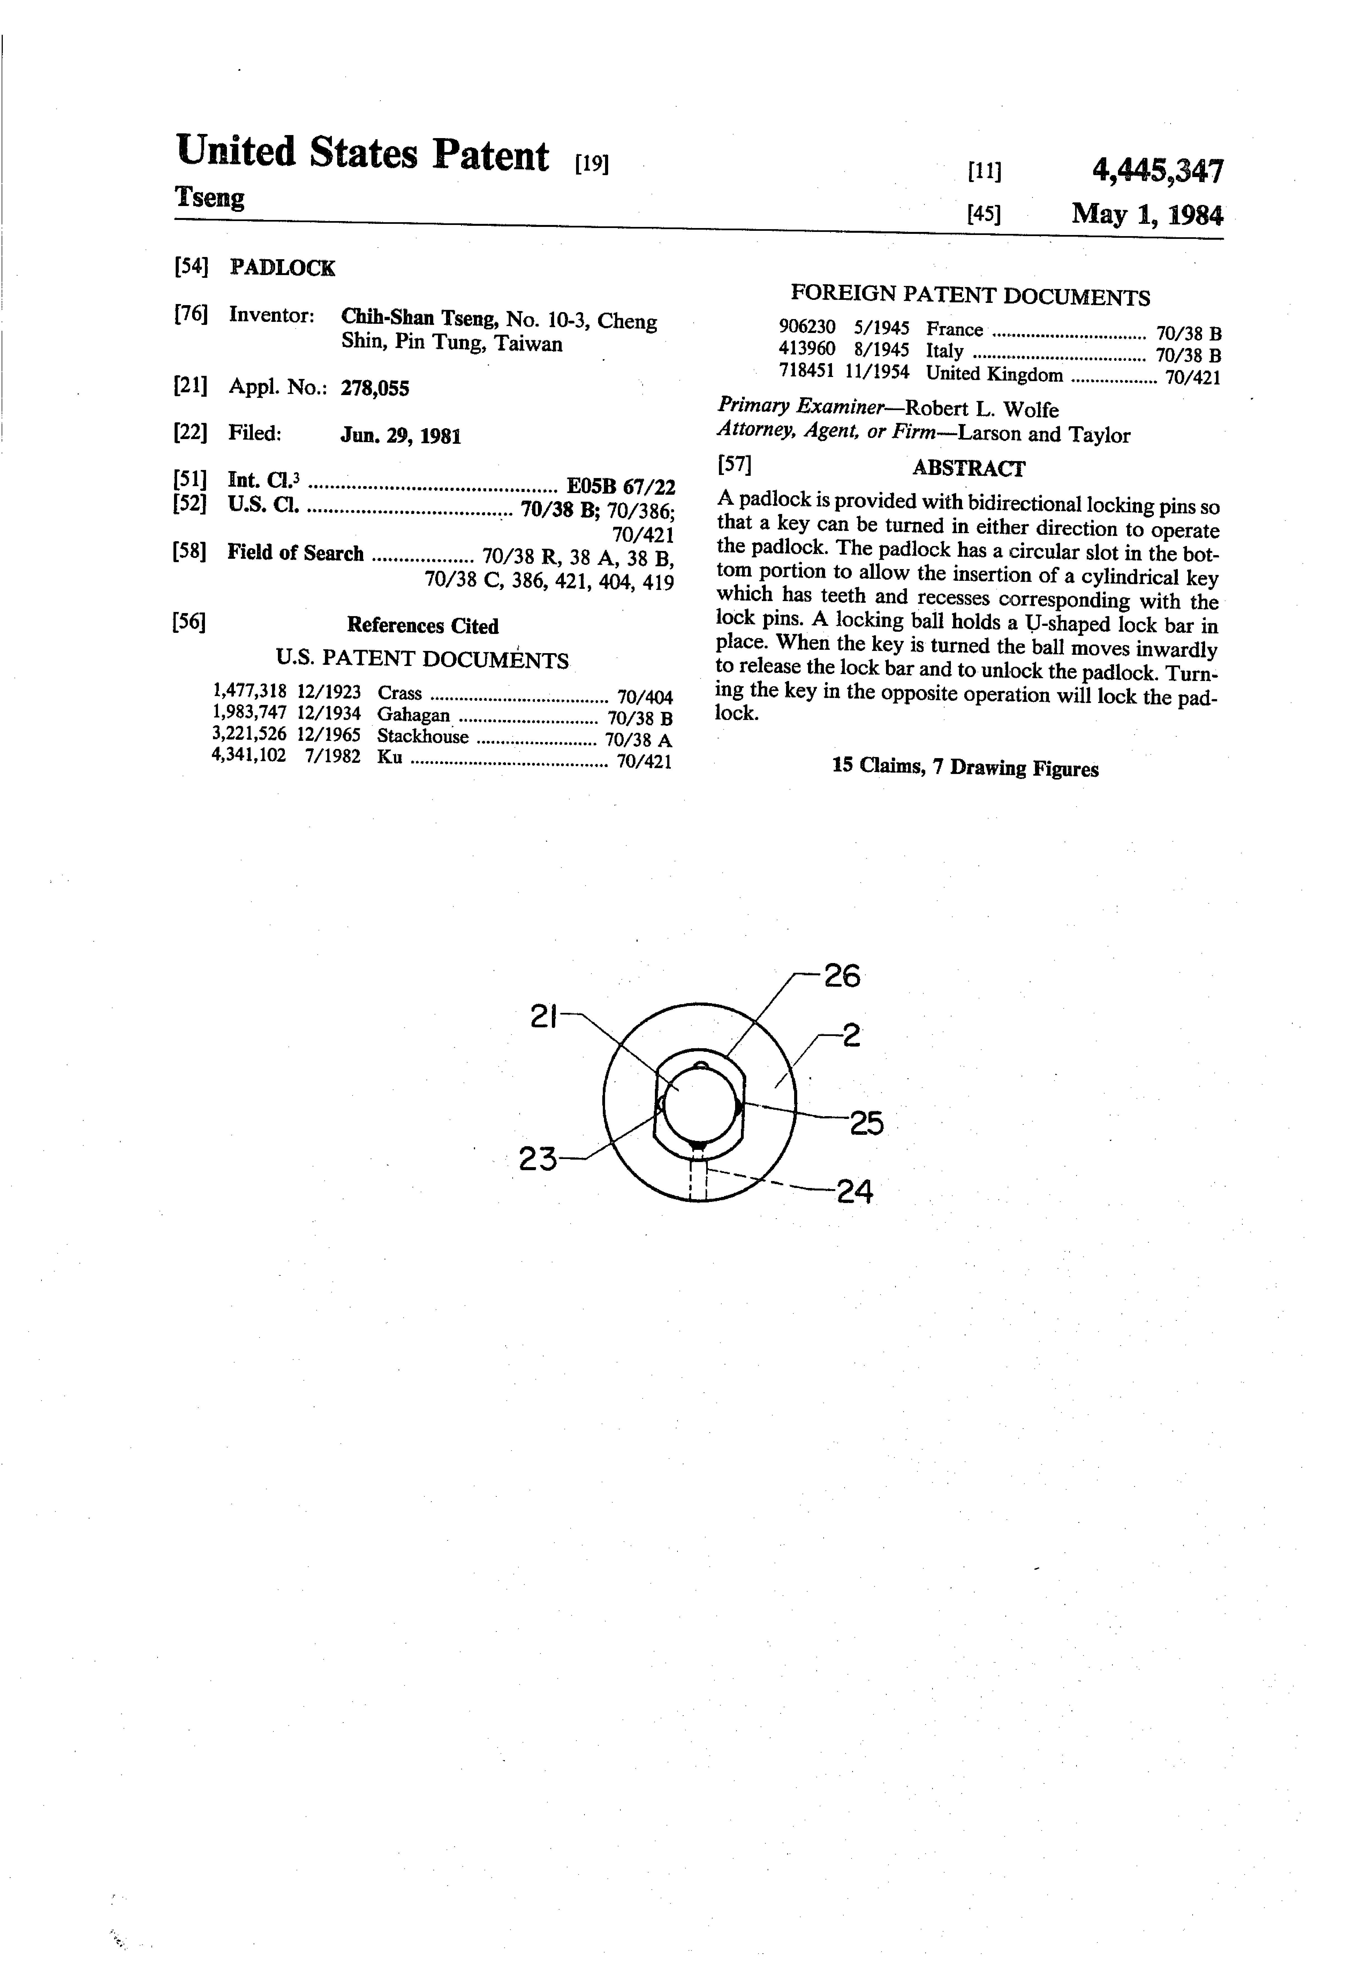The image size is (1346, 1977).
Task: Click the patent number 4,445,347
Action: (x=1157, y=172)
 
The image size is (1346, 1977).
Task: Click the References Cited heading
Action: (x=423, y=626)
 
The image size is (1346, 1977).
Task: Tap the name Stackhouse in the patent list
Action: (x=423, y=737)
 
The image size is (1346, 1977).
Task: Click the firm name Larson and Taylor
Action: (x=1044, y=435)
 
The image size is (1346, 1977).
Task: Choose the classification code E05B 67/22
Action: (x=621, y=487)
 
